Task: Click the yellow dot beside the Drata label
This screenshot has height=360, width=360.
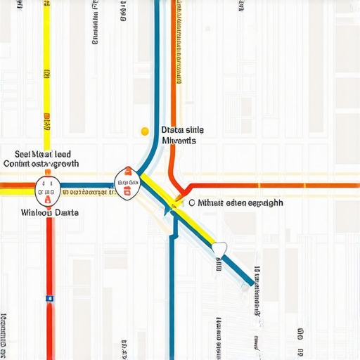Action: [145, 131]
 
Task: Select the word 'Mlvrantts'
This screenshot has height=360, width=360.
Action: [179, 141]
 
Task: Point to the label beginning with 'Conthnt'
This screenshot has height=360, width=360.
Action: [41, 164]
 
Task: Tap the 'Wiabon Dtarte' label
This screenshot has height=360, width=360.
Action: [50, 212]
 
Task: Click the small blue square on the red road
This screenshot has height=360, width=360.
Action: [49, 298]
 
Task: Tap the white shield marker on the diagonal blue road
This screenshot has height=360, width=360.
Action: [219, 248]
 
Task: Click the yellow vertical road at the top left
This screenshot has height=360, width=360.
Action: [47, 70]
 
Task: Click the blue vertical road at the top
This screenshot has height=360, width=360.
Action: [156, 70]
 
